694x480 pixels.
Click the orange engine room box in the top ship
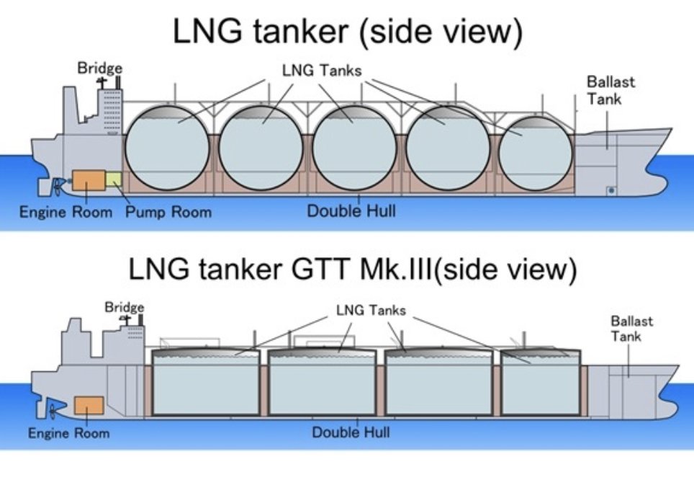[x=88, y=185]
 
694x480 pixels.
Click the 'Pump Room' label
[x=168, y=212]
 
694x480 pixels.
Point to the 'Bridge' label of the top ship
[x=100, y=68]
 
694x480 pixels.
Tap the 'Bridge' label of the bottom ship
[x=125, y=307]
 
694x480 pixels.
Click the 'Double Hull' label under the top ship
[x=351, y=211]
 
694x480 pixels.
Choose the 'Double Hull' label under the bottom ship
[x=351, y=432]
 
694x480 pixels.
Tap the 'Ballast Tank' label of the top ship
[x=610, y=90]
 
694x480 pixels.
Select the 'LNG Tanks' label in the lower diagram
[x=371, y=311]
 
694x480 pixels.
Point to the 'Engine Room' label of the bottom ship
[x=69, y=433]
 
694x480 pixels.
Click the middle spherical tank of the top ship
[x=352, y=150]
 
